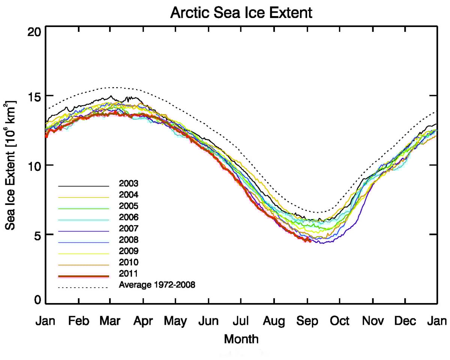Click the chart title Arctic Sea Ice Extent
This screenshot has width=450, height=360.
241,13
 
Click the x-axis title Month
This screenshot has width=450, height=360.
241,339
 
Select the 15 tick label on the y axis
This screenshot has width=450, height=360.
35,96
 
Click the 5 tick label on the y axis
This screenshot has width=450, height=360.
38,235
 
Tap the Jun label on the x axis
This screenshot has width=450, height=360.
208,321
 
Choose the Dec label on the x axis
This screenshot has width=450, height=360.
405,321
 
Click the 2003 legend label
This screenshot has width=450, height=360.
129,184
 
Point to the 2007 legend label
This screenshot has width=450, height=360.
129,228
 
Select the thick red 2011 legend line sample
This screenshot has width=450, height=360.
83,276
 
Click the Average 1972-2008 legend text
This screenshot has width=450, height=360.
157,285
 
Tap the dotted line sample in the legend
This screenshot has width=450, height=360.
83,288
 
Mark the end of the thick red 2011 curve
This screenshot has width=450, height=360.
309,240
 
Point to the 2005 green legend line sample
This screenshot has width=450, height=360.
83,209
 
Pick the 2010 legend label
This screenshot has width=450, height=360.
129,262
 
